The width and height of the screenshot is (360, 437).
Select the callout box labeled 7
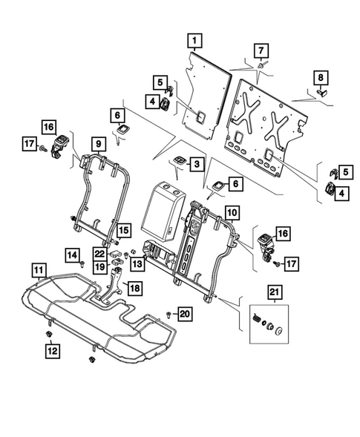pos(260,50)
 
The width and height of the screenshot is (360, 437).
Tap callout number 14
pos(73,255)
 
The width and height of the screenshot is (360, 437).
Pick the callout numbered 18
pos(134,287)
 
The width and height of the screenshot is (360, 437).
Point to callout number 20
pos(185,315)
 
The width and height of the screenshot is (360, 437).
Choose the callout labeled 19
pos(99,266)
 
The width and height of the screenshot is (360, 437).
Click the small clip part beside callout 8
pos(324,93)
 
